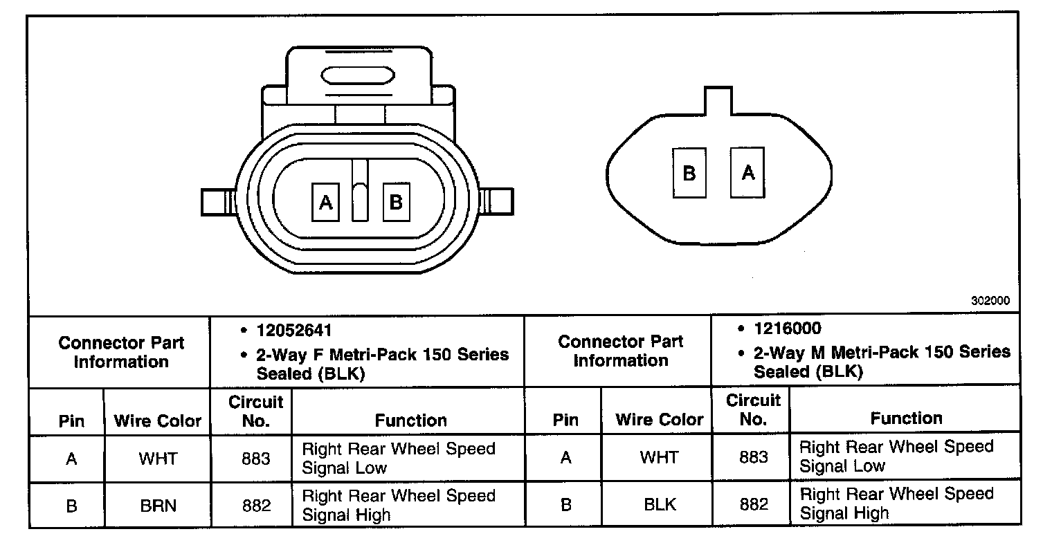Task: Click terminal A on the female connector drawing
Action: click(325, 202)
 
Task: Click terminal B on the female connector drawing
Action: click(396, 202)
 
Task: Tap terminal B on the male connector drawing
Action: click(689, 173)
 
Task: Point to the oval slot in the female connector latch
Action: click(358, 75)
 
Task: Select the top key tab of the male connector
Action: click(718, 101)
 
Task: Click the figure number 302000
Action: click(990, 301)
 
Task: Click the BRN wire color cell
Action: click(158, 506)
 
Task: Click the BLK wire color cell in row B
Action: click(660, 504)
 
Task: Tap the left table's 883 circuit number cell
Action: click(256, 459)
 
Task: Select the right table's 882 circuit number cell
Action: click(753, 504)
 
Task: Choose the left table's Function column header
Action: click(410, 420)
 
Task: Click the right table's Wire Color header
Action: click(659, 419)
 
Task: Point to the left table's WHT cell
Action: click(158, 459)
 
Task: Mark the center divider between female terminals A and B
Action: click(359, 191)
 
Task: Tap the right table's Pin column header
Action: click(565, 419)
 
